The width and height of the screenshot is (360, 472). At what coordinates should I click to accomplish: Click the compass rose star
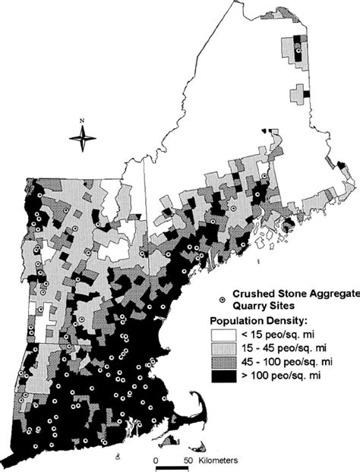tap(83, 137)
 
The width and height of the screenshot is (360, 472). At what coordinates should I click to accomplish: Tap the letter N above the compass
tap(83, 121)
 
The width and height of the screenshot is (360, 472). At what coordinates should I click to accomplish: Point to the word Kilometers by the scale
tap(219, 461)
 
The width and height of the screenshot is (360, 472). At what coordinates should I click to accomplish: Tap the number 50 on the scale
tap(188, 461)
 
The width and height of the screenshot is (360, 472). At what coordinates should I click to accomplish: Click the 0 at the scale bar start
tap(155, 461)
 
